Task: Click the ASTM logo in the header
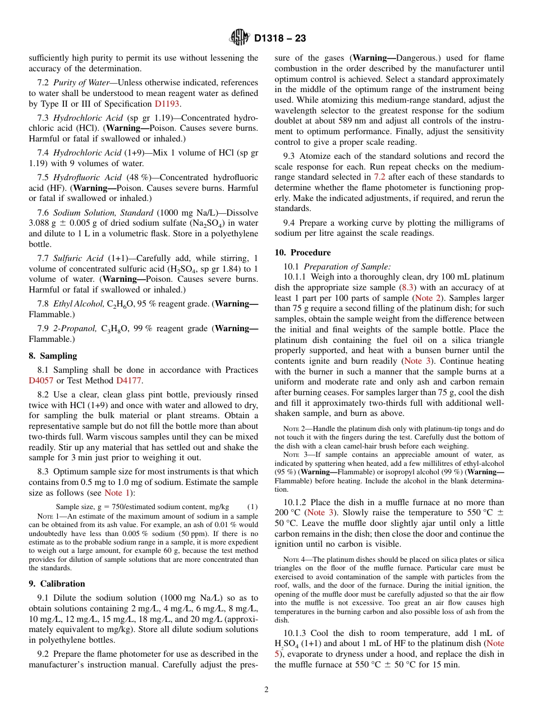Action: click(240, 38)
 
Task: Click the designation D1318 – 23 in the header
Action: click(280, 39)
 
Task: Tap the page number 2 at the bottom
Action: click(266, 689)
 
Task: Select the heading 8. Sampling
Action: click(53, 355)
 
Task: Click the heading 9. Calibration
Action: click(57, 583)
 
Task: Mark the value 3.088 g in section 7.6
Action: click(43, 223)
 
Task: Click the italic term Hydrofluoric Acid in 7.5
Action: click(84, 177)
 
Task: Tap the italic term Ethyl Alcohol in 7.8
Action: click(78, 304)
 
